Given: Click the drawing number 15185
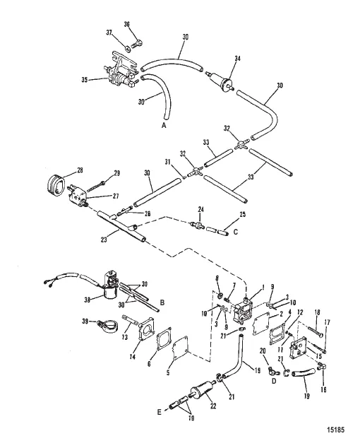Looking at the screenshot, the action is pos(336,430).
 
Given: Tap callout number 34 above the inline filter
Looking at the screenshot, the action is pos(237,58).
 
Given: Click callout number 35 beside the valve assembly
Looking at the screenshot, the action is pos(85,80).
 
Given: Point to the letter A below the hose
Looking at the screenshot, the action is pos(164,126).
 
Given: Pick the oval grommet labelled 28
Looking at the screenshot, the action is pos(56,184).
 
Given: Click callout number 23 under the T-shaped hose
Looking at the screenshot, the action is pos(104,239).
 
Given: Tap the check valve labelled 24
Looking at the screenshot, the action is pos(197,224).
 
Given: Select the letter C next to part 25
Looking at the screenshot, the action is pos(236,232).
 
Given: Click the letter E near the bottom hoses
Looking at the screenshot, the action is pos(160,412).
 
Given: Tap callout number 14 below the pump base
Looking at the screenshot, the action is pos(133,356).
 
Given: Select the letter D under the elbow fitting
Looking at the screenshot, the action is pos(274,381).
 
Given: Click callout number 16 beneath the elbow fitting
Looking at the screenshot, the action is pos(323,389).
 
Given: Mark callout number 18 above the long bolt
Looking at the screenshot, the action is pos(317,312).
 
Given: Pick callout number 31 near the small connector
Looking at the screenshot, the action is pos(167,163).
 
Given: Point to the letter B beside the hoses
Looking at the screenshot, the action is pos(162,302).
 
